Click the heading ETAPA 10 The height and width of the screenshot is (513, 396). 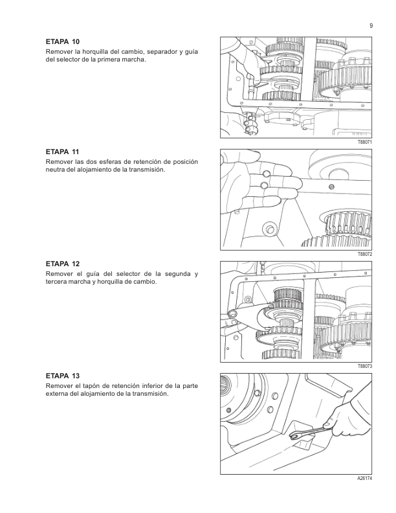62,42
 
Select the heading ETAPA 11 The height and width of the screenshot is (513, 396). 62,152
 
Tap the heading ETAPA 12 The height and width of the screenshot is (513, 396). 62,264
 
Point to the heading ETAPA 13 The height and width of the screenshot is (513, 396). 62,376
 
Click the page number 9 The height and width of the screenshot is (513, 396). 371,26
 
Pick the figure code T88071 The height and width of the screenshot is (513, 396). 365,142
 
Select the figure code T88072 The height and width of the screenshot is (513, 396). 365,254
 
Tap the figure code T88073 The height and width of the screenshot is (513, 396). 365,367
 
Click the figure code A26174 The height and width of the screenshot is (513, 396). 365,478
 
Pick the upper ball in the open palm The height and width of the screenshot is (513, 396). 267,173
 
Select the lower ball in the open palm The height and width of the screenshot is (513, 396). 265,185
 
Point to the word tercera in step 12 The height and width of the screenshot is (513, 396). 56,282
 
